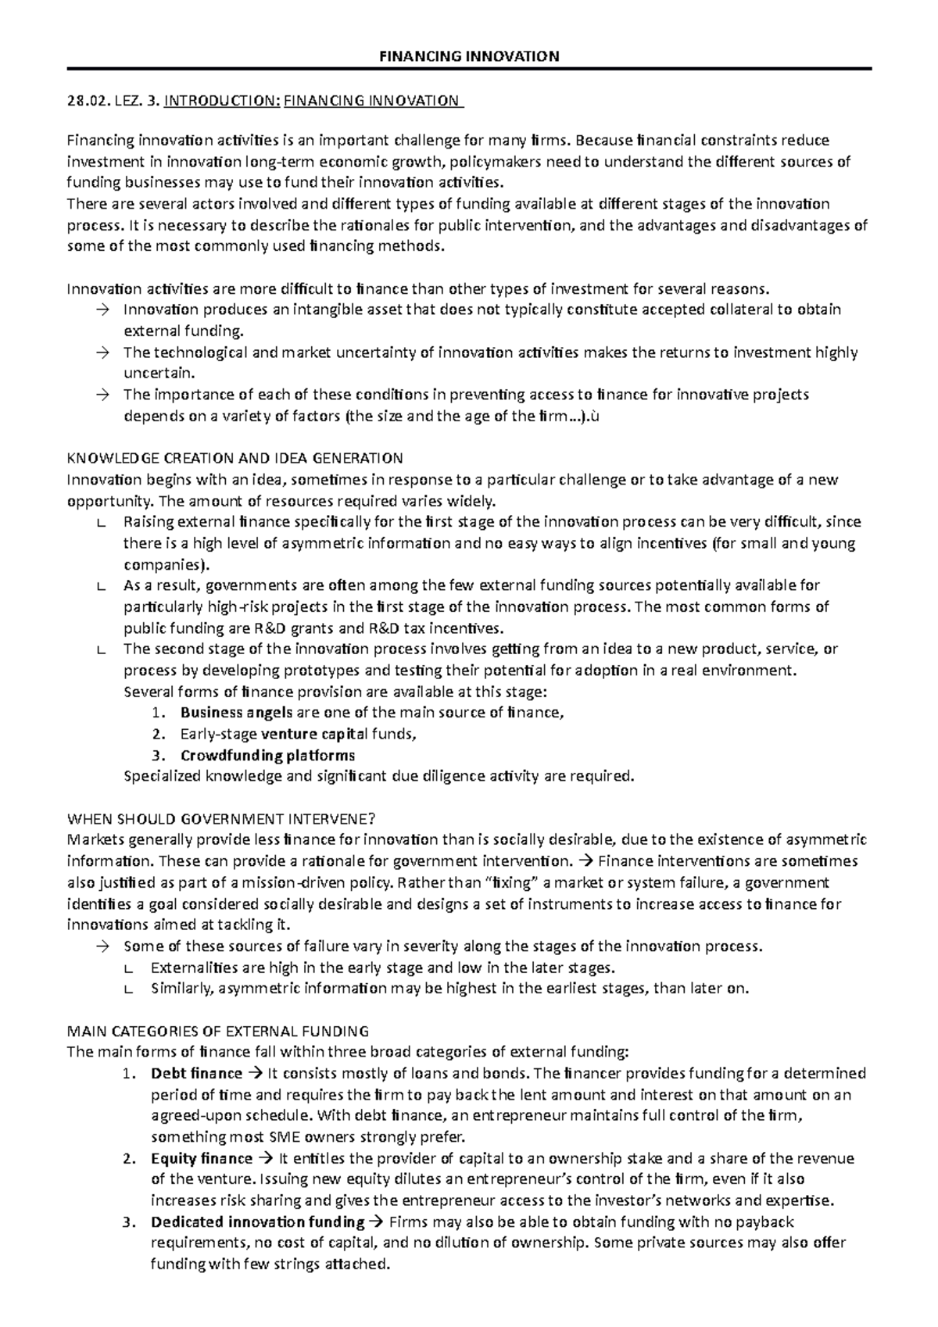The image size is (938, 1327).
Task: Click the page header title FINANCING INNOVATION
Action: (469, 55)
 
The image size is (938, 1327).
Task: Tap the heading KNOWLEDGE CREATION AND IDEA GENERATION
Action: (235, 458)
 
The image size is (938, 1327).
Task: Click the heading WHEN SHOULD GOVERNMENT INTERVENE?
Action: (222, 819)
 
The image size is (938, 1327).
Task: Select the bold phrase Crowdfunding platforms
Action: (267, 755)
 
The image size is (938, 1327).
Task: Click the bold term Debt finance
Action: (196, 1073)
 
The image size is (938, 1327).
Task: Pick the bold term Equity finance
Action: (202, 1158)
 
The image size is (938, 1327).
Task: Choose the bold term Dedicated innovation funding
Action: (257, 1221)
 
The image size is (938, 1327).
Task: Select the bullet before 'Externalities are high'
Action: (129, 968)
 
